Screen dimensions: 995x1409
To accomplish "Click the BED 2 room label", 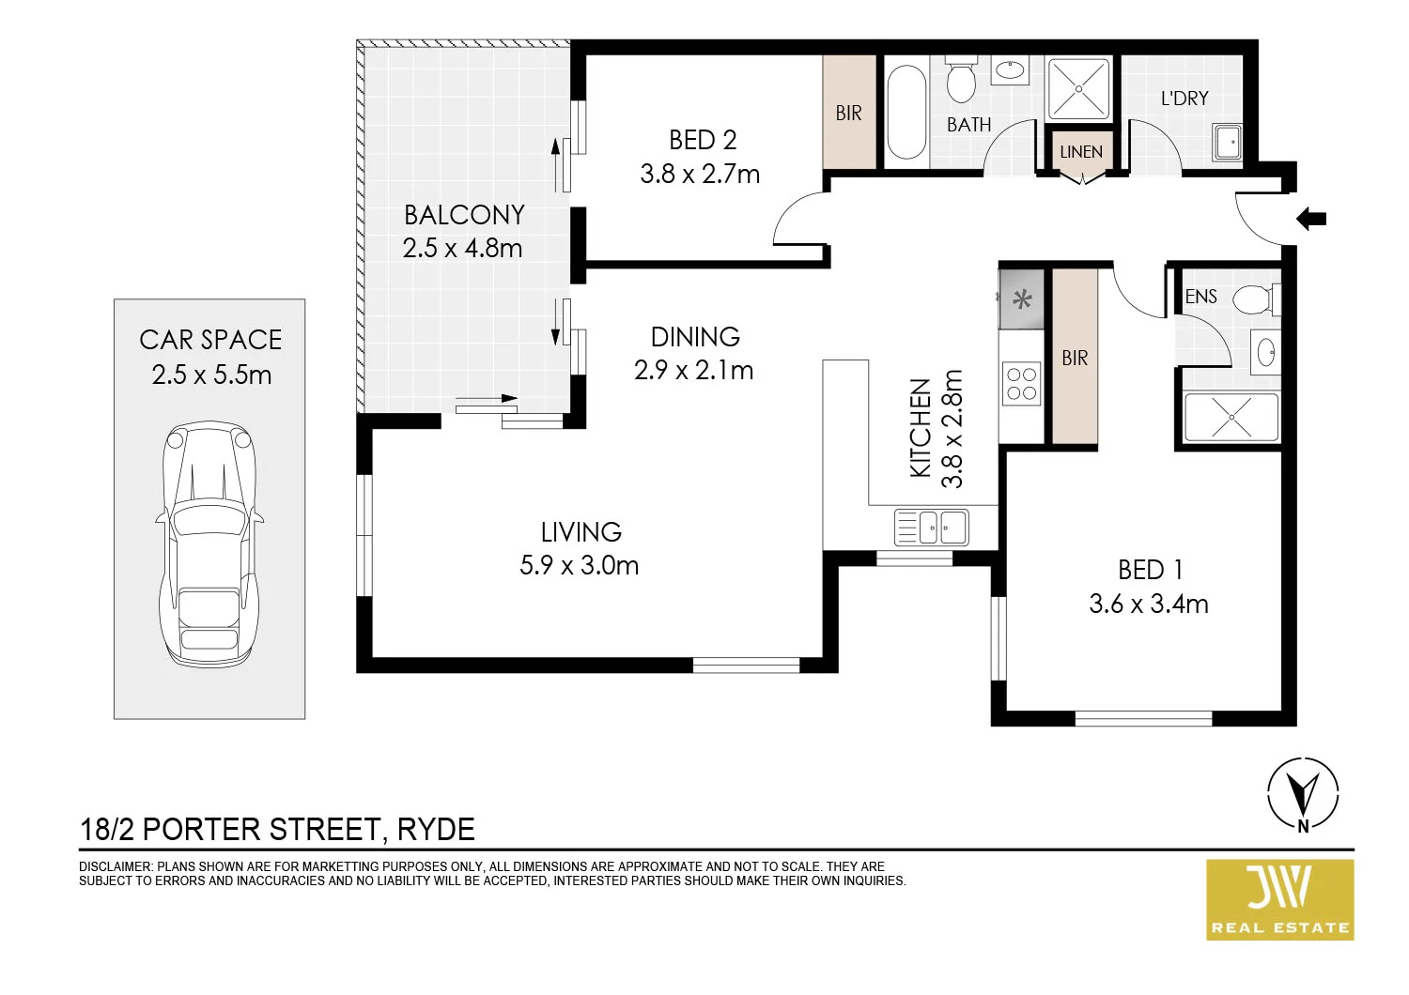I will click(x=703, y=140).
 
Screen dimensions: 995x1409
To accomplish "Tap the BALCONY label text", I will click(x=464, y=215).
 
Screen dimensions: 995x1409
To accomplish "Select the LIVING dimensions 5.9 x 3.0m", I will click(x=580, y=566).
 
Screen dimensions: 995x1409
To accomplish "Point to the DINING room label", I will click(x=695, y=337).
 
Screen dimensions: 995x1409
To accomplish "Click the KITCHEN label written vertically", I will click(x=921, y=428).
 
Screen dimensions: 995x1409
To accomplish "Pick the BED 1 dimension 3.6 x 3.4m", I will click(x=1149, y=604).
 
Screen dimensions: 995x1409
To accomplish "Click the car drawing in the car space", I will click(x=209, y=544).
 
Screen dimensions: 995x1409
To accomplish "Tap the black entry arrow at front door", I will click(x=1311, y=220).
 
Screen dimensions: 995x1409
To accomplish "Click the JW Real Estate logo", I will click(x=1280, y=899).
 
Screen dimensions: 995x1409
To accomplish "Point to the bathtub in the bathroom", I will click(x=906, y=112).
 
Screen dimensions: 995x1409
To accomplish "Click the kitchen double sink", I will click(x=931, y=528).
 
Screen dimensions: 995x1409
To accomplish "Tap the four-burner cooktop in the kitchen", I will click(x=1022, y=384).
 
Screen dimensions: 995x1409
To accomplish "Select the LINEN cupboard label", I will click(x=1081, y=152).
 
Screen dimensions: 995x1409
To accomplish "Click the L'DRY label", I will click(x=1184, y=99).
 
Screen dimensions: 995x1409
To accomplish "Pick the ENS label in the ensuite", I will click(x=1200, y=297).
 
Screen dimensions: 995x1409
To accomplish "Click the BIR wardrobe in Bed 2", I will click(x=849, y=113).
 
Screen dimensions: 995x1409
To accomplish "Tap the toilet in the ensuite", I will click(x=1253, y=300).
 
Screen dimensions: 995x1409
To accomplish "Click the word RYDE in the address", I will click(x=436, y=830).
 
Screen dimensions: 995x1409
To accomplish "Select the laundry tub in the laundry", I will click(x=1228, y=143).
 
